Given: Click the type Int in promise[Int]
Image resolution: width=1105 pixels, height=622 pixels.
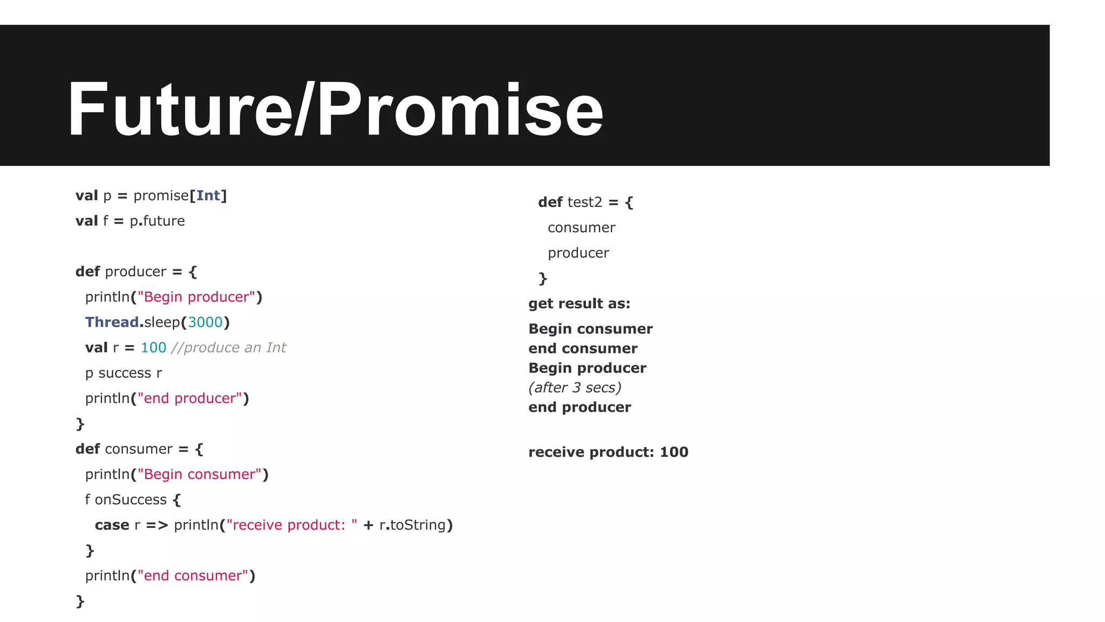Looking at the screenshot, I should (x=208, y=195).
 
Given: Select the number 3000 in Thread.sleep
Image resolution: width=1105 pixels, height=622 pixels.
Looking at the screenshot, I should (x=205, y=322).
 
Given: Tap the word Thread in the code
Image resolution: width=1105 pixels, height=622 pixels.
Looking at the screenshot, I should (x=112, y=322).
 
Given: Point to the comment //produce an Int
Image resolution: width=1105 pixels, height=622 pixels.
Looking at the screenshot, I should (x=229, y=348).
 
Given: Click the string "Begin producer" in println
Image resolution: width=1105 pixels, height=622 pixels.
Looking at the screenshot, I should (x=196, y=297).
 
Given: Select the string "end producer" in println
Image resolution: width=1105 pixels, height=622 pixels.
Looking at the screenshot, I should (x=190, y=398).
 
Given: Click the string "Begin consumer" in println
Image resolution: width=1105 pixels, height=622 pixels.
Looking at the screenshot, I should (x=200, y=475).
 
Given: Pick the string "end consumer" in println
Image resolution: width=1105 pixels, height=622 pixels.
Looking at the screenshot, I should (x=193, y=576).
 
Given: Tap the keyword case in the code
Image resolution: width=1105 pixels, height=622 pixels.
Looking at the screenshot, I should (x=112, y=525).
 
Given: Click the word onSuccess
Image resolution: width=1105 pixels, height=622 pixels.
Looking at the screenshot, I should (x=131, y=500).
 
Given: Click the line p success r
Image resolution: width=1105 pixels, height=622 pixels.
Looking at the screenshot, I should (x=124, y=373).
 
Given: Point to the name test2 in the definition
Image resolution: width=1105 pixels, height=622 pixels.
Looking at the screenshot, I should (x=585, y=202).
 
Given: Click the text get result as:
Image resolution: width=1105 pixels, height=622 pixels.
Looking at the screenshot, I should (x=579, y=304).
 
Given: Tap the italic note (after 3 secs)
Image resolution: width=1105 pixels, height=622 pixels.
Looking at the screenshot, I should (x=575, y=388).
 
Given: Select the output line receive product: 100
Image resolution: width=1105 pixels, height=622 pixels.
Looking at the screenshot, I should (x=608, y=452).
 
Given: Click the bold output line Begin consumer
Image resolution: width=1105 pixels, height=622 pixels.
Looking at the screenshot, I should (x=590, y=329).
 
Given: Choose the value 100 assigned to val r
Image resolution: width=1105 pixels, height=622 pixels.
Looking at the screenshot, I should (x=153, y=348).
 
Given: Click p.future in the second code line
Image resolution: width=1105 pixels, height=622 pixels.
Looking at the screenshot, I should (x=157, y=221).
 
